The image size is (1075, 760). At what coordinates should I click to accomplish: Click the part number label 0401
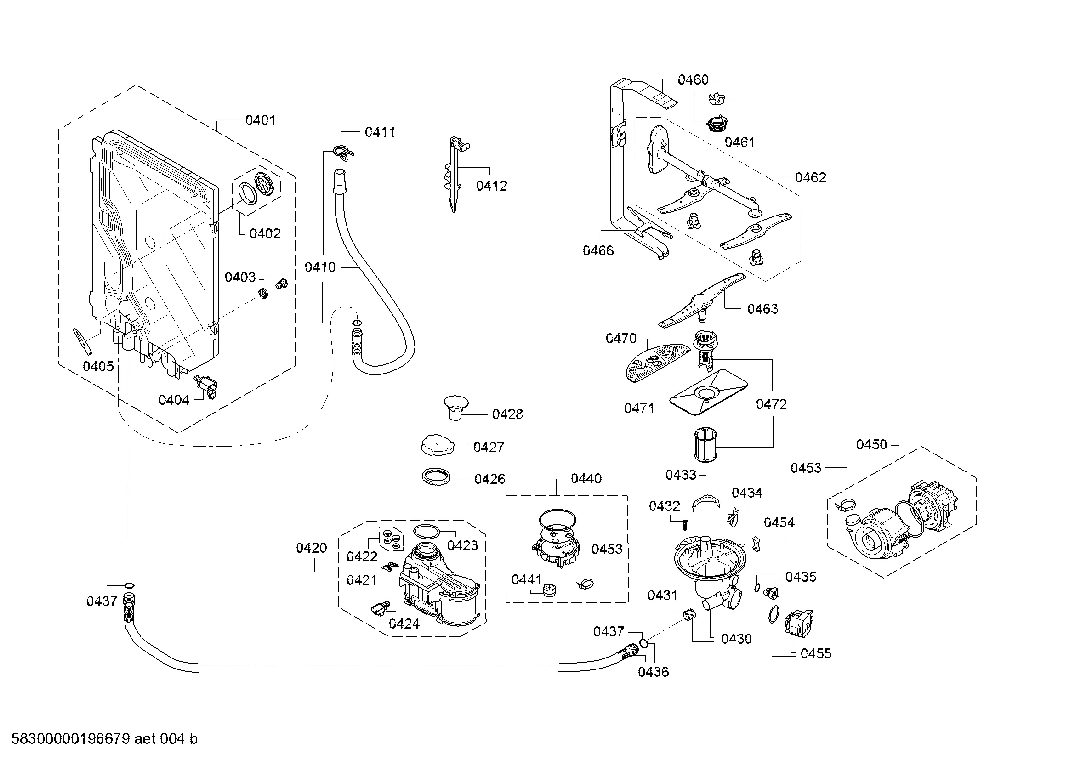tap(260, 120)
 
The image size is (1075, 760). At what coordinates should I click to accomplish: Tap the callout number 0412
tap(492, 186)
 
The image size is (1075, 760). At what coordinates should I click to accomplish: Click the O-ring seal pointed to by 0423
tap(427, 532)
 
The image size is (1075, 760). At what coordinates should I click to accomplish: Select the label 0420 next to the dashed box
tap(311, 548)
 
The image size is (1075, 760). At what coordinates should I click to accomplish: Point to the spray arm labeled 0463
tap(701, 300)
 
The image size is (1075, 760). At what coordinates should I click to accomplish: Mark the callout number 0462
tap(810, 177)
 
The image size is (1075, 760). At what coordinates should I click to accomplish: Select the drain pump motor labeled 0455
tap(800, 623)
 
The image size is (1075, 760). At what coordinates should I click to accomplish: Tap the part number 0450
tap(871, 444)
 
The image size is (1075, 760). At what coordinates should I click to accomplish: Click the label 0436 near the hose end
tap(653, 672)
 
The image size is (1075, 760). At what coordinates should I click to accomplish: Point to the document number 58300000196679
tap(70, 738)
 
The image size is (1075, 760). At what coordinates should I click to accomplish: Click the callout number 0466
tap(598, 250)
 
